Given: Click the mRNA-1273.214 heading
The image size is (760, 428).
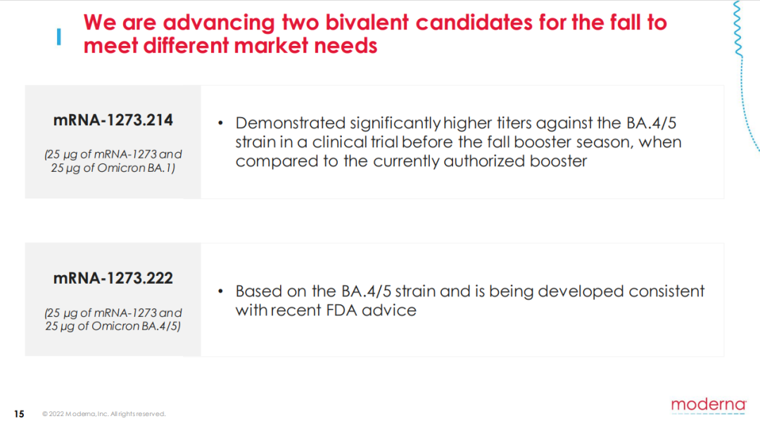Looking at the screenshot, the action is click(113, 120).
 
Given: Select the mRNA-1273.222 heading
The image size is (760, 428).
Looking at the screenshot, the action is click(113, 278).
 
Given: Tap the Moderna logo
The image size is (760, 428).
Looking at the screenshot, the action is click(709, 405).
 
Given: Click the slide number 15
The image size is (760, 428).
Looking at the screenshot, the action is click(19, 414).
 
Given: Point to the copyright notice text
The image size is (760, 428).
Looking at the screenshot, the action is click(103, 414).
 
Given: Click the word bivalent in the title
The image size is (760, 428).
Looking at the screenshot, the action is click(367, 23).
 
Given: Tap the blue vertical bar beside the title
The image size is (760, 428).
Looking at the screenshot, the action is click(58, 37).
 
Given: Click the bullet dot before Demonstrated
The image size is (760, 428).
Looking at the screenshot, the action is click(220, 123).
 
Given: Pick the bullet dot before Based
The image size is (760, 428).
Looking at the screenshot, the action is click(220, 291).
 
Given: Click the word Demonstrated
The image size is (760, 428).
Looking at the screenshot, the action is click(291, 123).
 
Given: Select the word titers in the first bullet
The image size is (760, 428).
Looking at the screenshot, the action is click(513, 123).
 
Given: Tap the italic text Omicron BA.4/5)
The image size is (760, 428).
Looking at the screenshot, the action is click(137, 326).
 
